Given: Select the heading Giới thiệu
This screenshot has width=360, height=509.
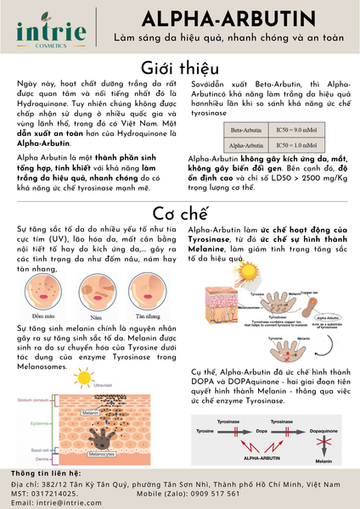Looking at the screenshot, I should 179,69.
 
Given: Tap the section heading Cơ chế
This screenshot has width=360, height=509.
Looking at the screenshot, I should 179,211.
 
